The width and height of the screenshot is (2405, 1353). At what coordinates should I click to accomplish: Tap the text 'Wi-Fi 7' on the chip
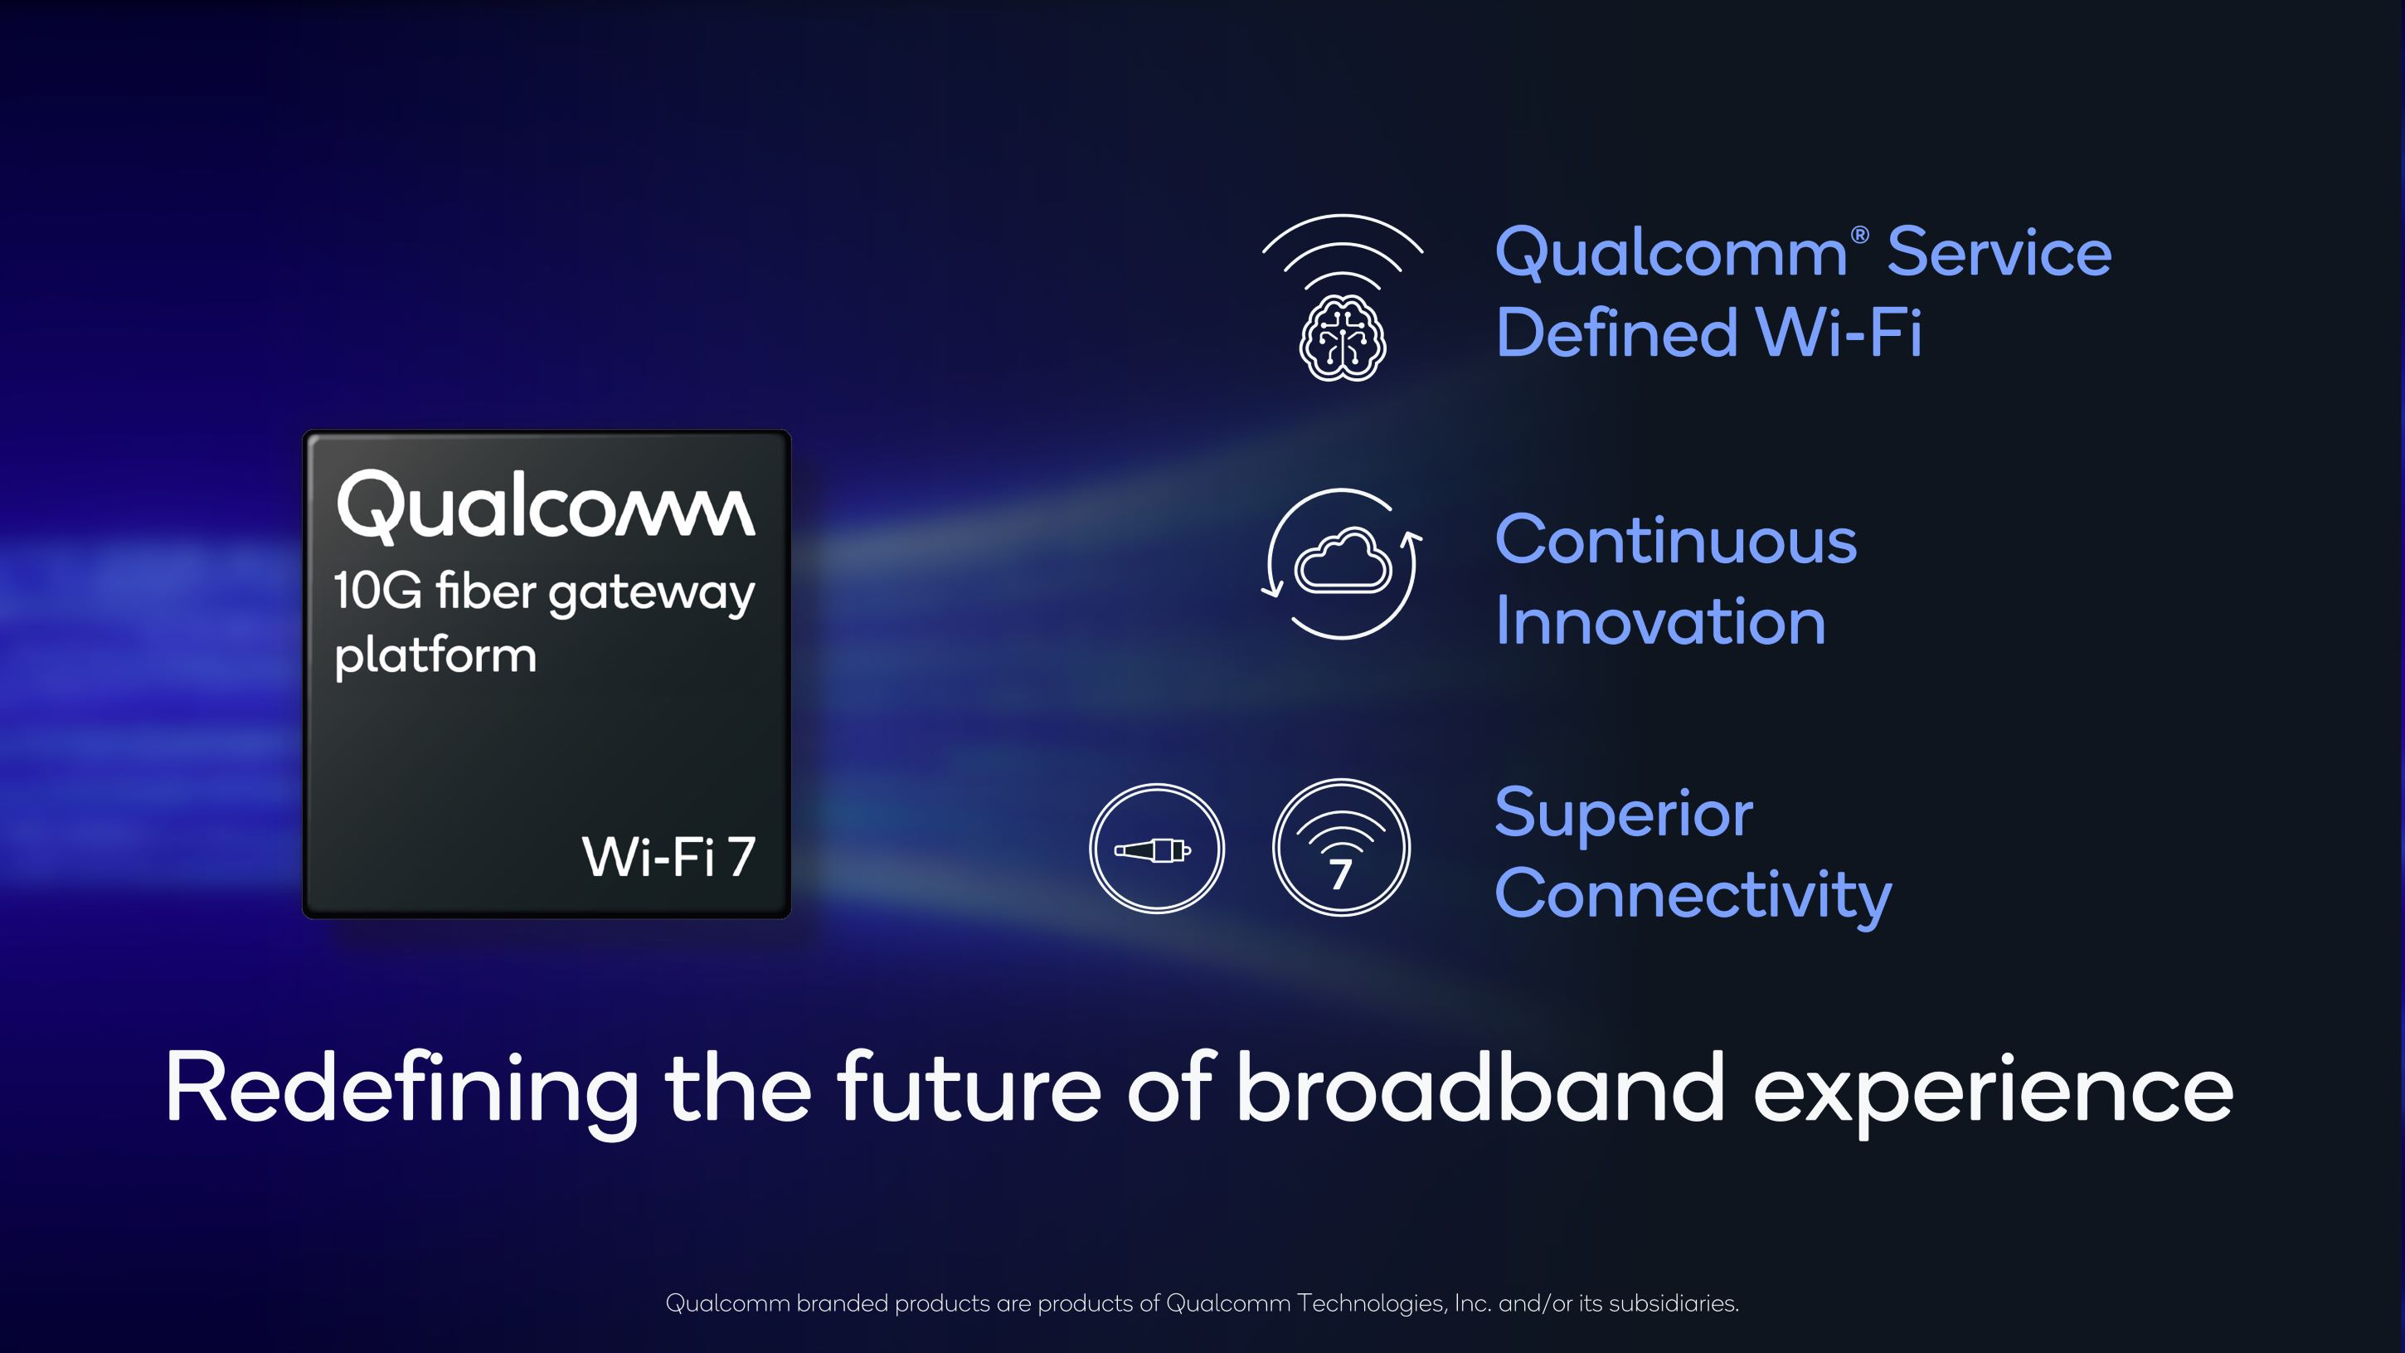point(668,857)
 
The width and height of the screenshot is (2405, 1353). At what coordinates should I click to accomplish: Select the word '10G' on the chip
point(377,591)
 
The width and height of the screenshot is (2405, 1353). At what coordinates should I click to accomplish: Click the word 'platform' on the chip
point(435,655)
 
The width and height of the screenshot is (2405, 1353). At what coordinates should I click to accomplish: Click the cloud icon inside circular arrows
point(1343,560)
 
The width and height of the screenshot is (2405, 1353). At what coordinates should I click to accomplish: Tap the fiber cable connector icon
point(1156,849)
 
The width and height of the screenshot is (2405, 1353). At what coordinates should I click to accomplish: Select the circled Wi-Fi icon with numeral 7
point(1341,848)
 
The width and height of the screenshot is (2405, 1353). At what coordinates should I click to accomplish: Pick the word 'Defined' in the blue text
point(1616,332)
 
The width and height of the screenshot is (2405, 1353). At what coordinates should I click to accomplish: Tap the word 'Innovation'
point(1660,621)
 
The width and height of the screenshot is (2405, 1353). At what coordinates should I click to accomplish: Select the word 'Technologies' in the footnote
point(1373,1302)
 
